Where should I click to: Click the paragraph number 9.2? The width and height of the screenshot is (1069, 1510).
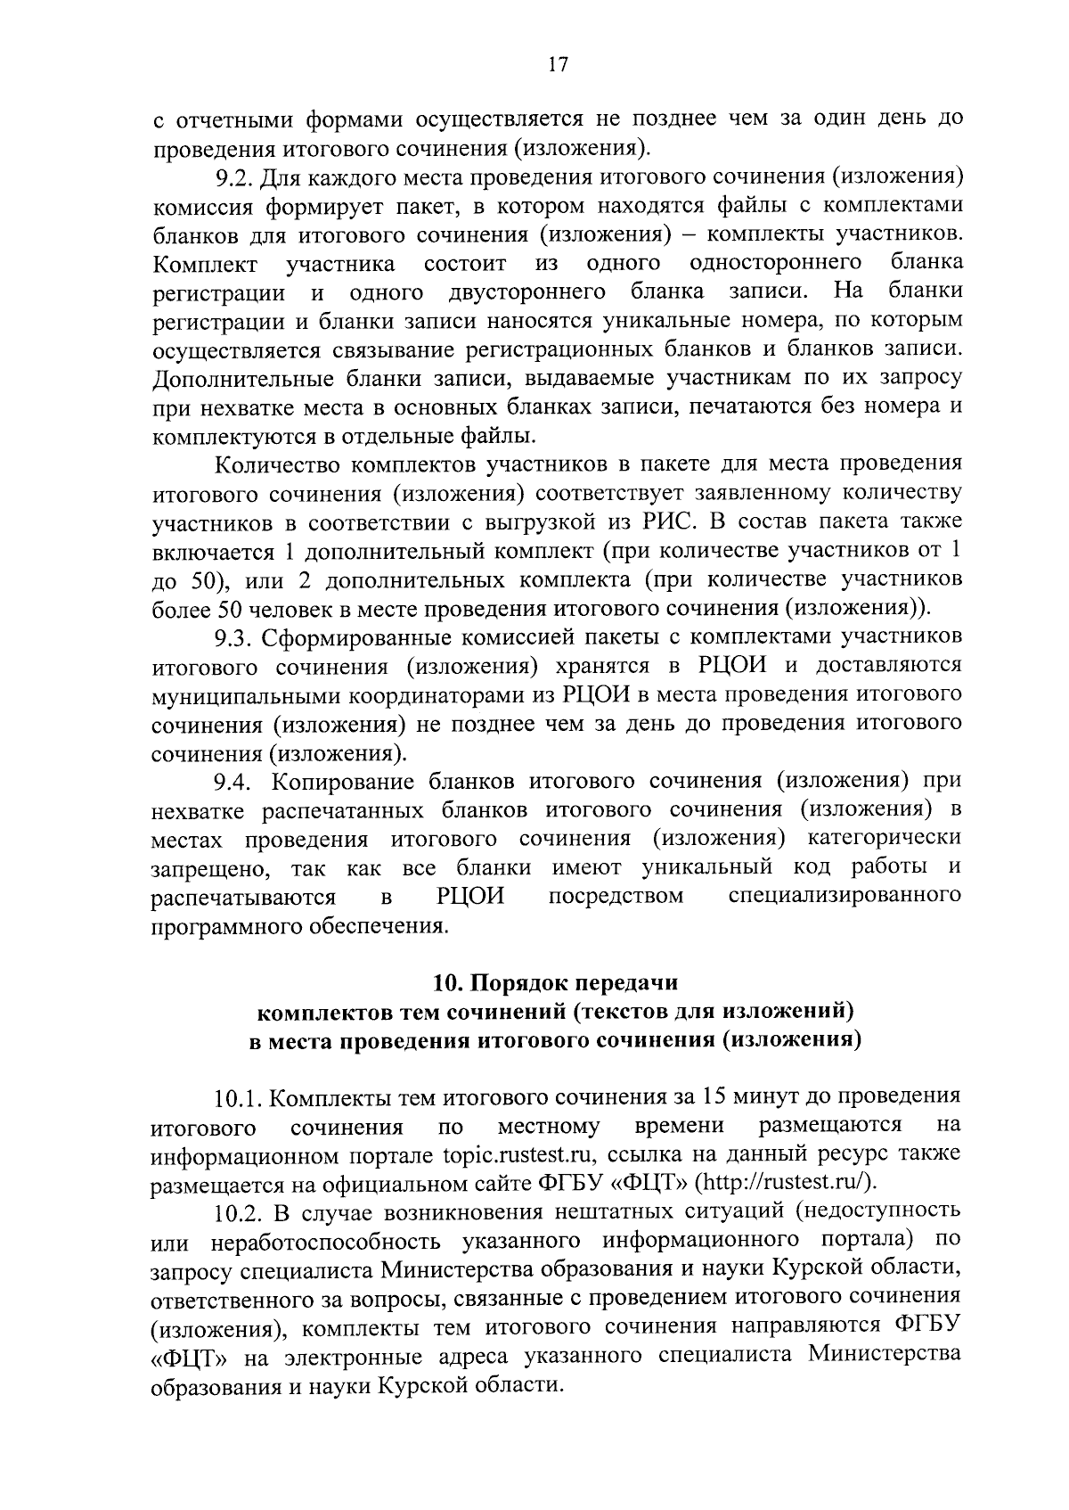click(x=233, y=177)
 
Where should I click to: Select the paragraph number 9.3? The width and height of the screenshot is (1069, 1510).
click(x=233, y=638)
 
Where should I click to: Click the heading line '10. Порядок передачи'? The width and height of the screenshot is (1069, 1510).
click(x=555, y=982)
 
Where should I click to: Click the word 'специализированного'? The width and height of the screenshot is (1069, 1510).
click(x=845, y=896)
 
